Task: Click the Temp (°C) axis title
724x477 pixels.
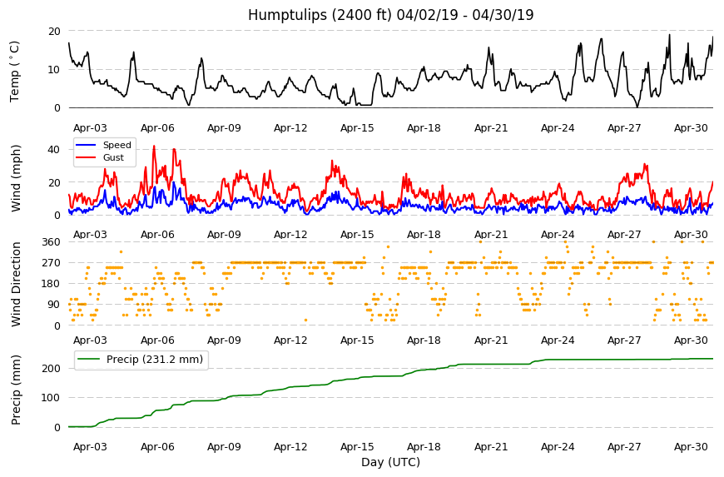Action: tap(15, 71)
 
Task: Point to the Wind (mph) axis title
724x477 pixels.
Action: tap(16, 178)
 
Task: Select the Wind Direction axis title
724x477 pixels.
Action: tap(16, 284)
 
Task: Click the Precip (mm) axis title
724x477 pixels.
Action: tap(16, 390)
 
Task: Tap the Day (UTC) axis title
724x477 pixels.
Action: tap(390, 462)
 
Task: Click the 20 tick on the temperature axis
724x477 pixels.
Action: tap(54, 32)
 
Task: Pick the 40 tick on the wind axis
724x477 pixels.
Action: tap(54, 150)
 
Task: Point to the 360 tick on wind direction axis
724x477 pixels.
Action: tap(52, 242)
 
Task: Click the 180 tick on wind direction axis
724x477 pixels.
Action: tap(52, 284)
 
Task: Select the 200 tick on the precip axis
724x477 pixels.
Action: tap(52, 369)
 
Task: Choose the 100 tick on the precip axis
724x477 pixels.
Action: tap(52, 398)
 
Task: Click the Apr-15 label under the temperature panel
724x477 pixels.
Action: tap(357, 128)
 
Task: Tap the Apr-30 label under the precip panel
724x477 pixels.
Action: tap(691, 446)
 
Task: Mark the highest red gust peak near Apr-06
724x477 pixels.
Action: tap(154, 146)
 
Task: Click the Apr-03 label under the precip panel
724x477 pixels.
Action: tap(90, 446)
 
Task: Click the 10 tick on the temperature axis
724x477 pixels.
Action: tap(54, 70)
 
